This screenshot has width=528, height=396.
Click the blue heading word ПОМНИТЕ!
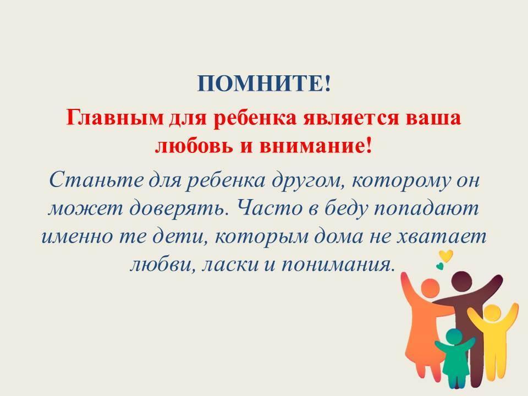264,83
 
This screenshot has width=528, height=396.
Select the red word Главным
114,118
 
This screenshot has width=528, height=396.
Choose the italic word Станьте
96,180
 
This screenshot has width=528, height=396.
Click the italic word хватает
441,237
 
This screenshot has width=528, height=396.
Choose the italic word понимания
337,265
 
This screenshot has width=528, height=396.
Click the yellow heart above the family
446,256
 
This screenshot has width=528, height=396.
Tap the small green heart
439,266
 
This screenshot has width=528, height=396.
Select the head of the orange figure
430,288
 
